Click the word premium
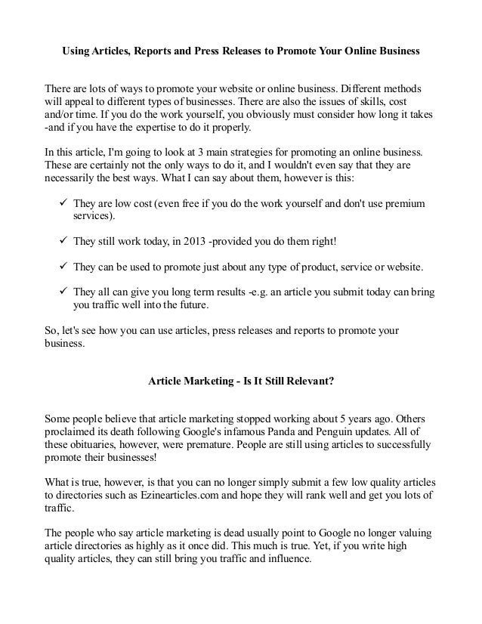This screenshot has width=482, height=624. point(404,205)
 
